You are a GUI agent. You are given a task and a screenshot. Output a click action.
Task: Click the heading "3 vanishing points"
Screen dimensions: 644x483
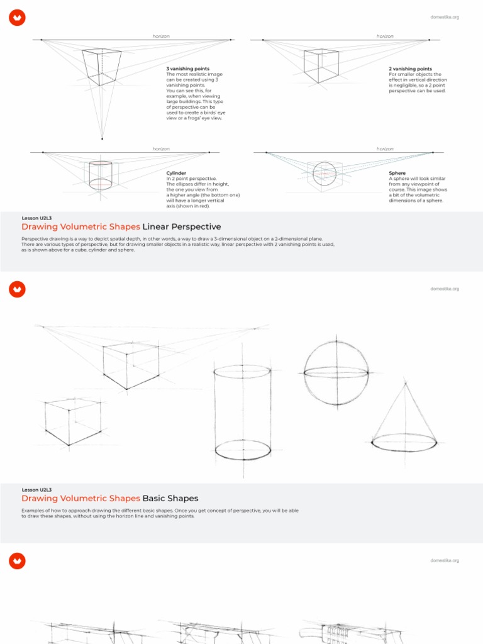click(187, 68)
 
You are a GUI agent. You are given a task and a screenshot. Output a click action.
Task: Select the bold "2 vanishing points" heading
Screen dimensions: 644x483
click(410, 68)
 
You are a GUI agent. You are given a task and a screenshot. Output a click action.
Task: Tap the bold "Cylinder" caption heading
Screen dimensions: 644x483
click(176, 172)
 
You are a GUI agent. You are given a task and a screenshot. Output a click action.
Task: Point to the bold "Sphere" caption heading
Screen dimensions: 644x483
click(397, 172)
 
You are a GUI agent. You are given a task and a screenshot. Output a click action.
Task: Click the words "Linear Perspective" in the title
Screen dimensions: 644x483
click(182, 226)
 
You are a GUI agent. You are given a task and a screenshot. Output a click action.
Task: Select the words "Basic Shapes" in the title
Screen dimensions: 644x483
click(170, 498)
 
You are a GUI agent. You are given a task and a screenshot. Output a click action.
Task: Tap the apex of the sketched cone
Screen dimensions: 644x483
click(402, 383)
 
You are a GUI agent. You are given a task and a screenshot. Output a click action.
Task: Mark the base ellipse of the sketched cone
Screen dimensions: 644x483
click(404, 443)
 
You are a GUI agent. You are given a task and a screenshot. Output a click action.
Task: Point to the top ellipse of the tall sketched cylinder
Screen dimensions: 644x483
click(243, 372)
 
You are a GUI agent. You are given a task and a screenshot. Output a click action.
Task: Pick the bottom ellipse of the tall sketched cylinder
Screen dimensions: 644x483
click(243, 450)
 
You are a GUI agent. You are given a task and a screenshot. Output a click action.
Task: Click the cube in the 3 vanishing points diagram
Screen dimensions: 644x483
click(101, 66)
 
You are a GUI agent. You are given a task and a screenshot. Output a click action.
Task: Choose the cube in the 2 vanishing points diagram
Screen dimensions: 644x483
click(321, 66)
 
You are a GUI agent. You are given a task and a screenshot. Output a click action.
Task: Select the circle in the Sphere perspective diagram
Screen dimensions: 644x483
click(325, 172)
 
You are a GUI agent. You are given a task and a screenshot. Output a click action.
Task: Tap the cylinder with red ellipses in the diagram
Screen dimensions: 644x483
click(101, 174)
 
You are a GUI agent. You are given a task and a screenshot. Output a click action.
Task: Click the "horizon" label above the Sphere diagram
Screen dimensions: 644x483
click(385, 149)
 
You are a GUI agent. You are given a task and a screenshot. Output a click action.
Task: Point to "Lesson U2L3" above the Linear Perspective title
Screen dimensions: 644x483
click(36, 218)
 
